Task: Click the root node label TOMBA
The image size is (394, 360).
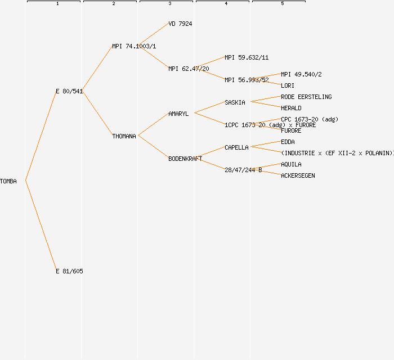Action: (8, 181)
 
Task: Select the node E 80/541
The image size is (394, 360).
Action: (69, 91)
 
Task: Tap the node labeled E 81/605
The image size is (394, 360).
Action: (69, 271)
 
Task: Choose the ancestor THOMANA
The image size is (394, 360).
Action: (124, 136)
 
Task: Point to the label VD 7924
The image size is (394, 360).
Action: (180, 24)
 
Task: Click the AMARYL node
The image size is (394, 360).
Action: (178, 114)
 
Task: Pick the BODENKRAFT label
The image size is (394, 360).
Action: (185, 159)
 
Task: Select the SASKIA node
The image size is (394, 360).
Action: (235, 102)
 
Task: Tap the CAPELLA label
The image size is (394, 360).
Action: (236, 147)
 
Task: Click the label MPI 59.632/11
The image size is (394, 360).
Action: (247, 57)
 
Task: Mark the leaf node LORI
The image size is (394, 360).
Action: (288, 85)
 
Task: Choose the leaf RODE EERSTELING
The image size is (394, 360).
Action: (306, 97)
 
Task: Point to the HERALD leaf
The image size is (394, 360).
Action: (291, 108)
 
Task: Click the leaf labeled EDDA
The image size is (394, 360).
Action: (288, 142)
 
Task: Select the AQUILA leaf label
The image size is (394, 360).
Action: (291, 164)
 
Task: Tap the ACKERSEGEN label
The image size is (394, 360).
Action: (298, 175)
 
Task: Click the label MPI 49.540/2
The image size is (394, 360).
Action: (301, 74)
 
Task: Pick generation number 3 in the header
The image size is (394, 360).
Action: (169, 4)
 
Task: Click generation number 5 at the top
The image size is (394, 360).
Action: (282, 4)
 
